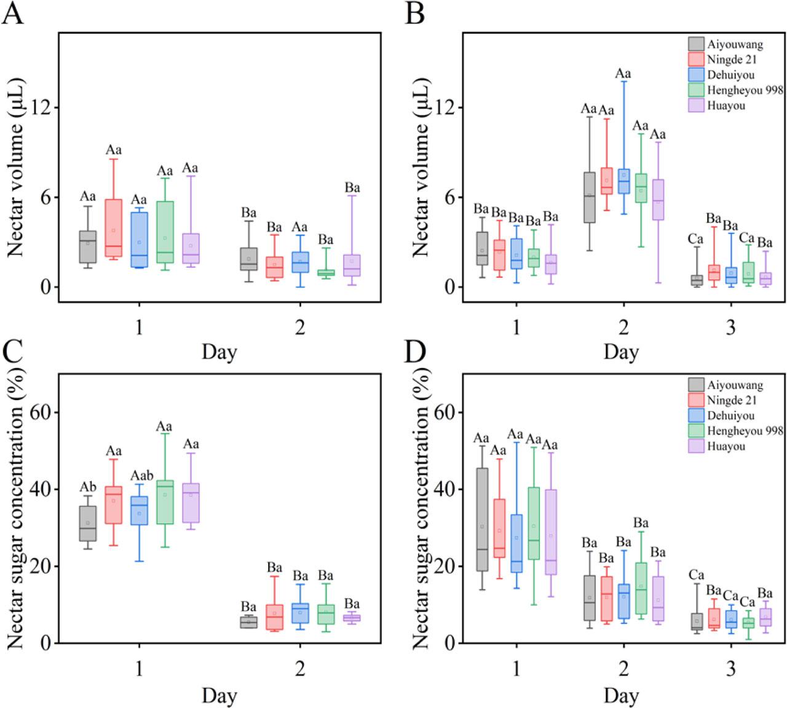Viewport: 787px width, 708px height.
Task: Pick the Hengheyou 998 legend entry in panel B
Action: [x=735, y=90]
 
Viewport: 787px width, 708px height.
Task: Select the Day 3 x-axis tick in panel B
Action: [x=730, y=328]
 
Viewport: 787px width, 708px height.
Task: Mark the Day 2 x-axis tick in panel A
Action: [x=299, y=328]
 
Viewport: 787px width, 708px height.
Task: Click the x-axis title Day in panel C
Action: [x=219, y=696]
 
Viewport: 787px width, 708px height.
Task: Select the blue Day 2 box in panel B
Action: [x=623, y=181]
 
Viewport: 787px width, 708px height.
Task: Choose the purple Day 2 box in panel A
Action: [x=352, y=265]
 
